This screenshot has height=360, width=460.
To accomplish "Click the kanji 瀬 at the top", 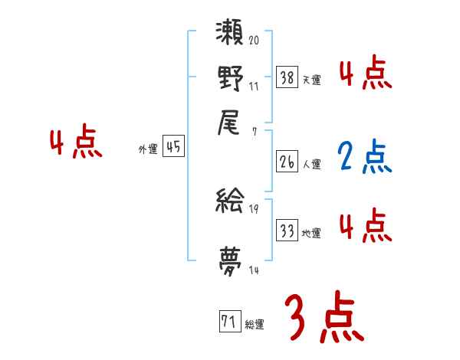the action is [230, 35].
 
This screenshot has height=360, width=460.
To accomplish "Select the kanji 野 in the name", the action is [230, 77].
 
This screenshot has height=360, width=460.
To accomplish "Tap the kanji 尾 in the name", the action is [230, 121].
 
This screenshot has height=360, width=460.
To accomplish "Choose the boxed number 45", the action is [174, 148].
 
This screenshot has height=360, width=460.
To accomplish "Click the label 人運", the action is [311, 164].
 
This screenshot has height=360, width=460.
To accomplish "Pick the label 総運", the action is [255, 325].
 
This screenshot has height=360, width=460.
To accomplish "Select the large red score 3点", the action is [324, 318].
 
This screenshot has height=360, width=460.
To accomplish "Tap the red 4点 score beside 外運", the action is [75, 144].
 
